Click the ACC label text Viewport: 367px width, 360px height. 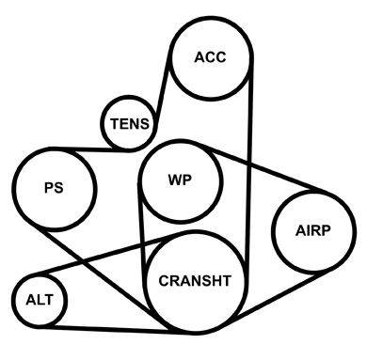click(210, 57)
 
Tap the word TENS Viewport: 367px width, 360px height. click(130, 124)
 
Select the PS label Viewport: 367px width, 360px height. click(54, 188)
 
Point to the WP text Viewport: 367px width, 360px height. click(180, 180)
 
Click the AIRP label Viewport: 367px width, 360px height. click(312, 231)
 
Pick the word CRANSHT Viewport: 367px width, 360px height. click(195, 281)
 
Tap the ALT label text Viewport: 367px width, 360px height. click(40, 300)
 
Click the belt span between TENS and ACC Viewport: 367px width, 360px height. click(163, 92)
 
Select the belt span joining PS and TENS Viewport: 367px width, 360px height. click(91, 149)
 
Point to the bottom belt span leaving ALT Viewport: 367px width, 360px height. click(116, 330)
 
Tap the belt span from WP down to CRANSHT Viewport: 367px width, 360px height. click(142, 232)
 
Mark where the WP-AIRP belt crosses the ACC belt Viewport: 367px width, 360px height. click(250, 163)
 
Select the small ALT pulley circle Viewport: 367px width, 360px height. click(40, 300)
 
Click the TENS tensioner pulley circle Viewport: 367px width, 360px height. click(129, 124)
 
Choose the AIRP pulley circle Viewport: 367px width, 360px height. click(313, 231)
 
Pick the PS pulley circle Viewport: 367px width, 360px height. click(55, 189)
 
